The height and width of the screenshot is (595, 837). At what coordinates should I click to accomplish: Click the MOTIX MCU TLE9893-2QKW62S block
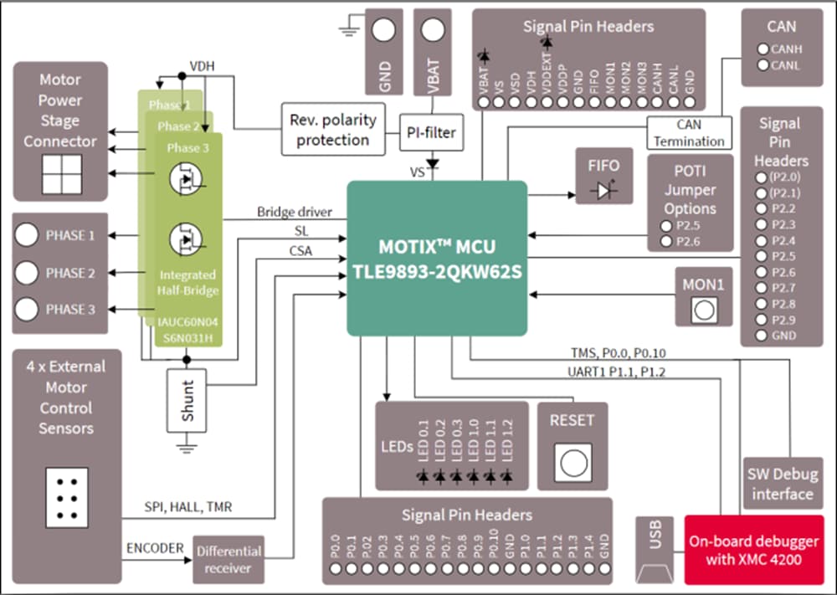(437, 258)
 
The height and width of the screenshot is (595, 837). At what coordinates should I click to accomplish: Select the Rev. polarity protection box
(333, 129)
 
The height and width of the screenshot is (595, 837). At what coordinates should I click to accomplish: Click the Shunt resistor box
(187, 400)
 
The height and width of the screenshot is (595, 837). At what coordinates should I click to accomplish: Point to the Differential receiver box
(229, 559)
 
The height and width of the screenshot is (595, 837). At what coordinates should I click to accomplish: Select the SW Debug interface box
(782, 485)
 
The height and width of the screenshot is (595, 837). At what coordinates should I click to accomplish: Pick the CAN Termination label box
(689, 133)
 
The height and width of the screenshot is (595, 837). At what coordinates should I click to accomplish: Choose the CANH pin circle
(762, 49)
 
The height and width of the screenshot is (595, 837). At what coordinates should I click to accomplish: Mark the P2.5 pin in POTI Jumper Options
(665, 226)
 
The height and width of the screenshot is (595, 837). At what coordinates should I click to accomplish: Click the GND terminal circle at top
(383, 30)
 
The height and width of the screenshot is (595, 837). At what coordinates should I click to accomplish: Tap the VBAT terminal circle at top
(432, 30)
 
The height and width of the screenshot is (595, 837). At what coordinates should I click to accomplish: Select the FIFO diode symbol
(603, 191)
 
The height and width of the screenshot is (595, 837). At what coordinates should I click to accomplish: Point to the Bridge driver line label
(294, 213)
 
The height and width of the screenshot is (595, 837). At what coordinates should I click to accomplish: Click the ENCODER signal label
(155, 548)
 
